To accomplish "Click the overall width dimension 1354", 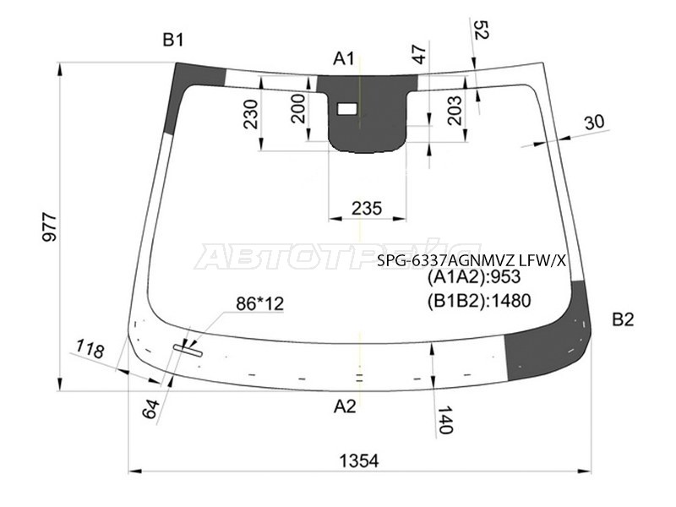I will (x=359, y=461).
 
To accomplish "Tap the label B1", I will (x=173, y=39).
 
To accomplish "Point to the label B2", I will (x=623, y=319).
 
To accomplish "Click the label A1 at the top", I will (x=343, y=58).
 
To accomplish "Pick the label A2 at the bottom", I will (x=345, y=406).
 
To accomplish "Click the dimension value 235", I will (x=366, y=208).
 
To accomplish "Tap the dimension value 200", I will (x=298, y=108).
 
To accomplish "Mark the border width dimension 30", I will (x=594, y=123).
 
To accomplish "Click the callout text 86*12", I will (x=259, y=304).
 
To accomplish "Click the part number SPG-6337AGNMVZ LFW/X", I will (x=472, y=261).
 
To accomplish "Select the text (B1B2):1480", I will (x=479, y=299).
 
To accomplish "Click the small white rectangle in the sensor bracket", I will (x=347, y=108).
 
